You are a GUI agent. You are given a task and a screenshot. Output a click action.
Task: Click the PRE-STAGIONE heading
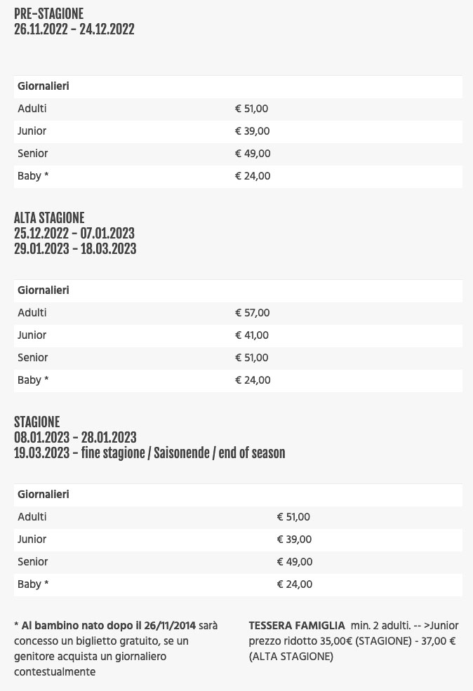point(48,14)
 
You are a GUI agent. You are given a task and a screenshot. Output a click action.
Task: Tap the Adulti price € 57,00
point(252,313)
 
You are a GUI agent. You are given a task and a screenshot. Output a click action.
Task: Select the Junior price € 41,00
point(252,335)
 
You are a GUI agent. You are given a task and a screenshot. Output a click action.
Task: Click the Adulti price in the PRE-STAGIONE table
point(251,109)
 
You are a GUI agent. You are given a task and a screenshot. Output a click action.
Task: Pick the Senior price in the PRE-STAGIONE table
point(253,154)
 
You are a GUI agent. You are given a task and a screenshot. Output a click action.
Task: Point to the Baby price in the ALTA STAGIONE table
point(253,380)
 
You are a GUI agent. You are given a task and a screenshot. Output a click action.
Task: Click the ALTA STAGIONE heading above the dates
point(49,218)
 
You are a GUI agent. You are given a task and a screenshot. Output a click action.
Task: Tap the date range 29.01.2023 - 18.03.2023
point(75,249)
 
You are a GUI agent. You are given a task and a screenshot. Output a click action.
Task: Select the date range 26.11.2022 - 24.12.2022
point(74,29)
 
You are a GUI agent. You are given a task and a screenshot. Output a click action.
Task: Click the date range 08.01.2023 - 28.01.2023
point(75,438)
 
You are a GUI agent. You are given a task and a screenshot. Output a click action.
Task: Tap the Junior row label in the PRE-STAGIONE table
point(32,131)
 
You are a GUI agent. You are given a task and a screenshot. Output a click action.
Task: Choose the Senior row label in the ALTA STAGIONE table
point(33,358)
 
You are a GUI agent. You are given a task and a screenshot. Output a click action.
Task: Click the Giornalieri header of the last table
point(44,495)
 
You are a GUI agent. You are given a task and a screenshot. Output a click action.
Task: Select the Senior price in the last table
point(295,562)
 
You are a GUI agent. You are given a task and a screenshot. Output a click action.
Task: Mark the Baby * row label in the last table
point(33,584)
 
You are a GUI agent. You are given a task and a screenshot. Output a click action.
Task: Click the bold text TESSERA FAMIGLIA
point(297,625)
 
